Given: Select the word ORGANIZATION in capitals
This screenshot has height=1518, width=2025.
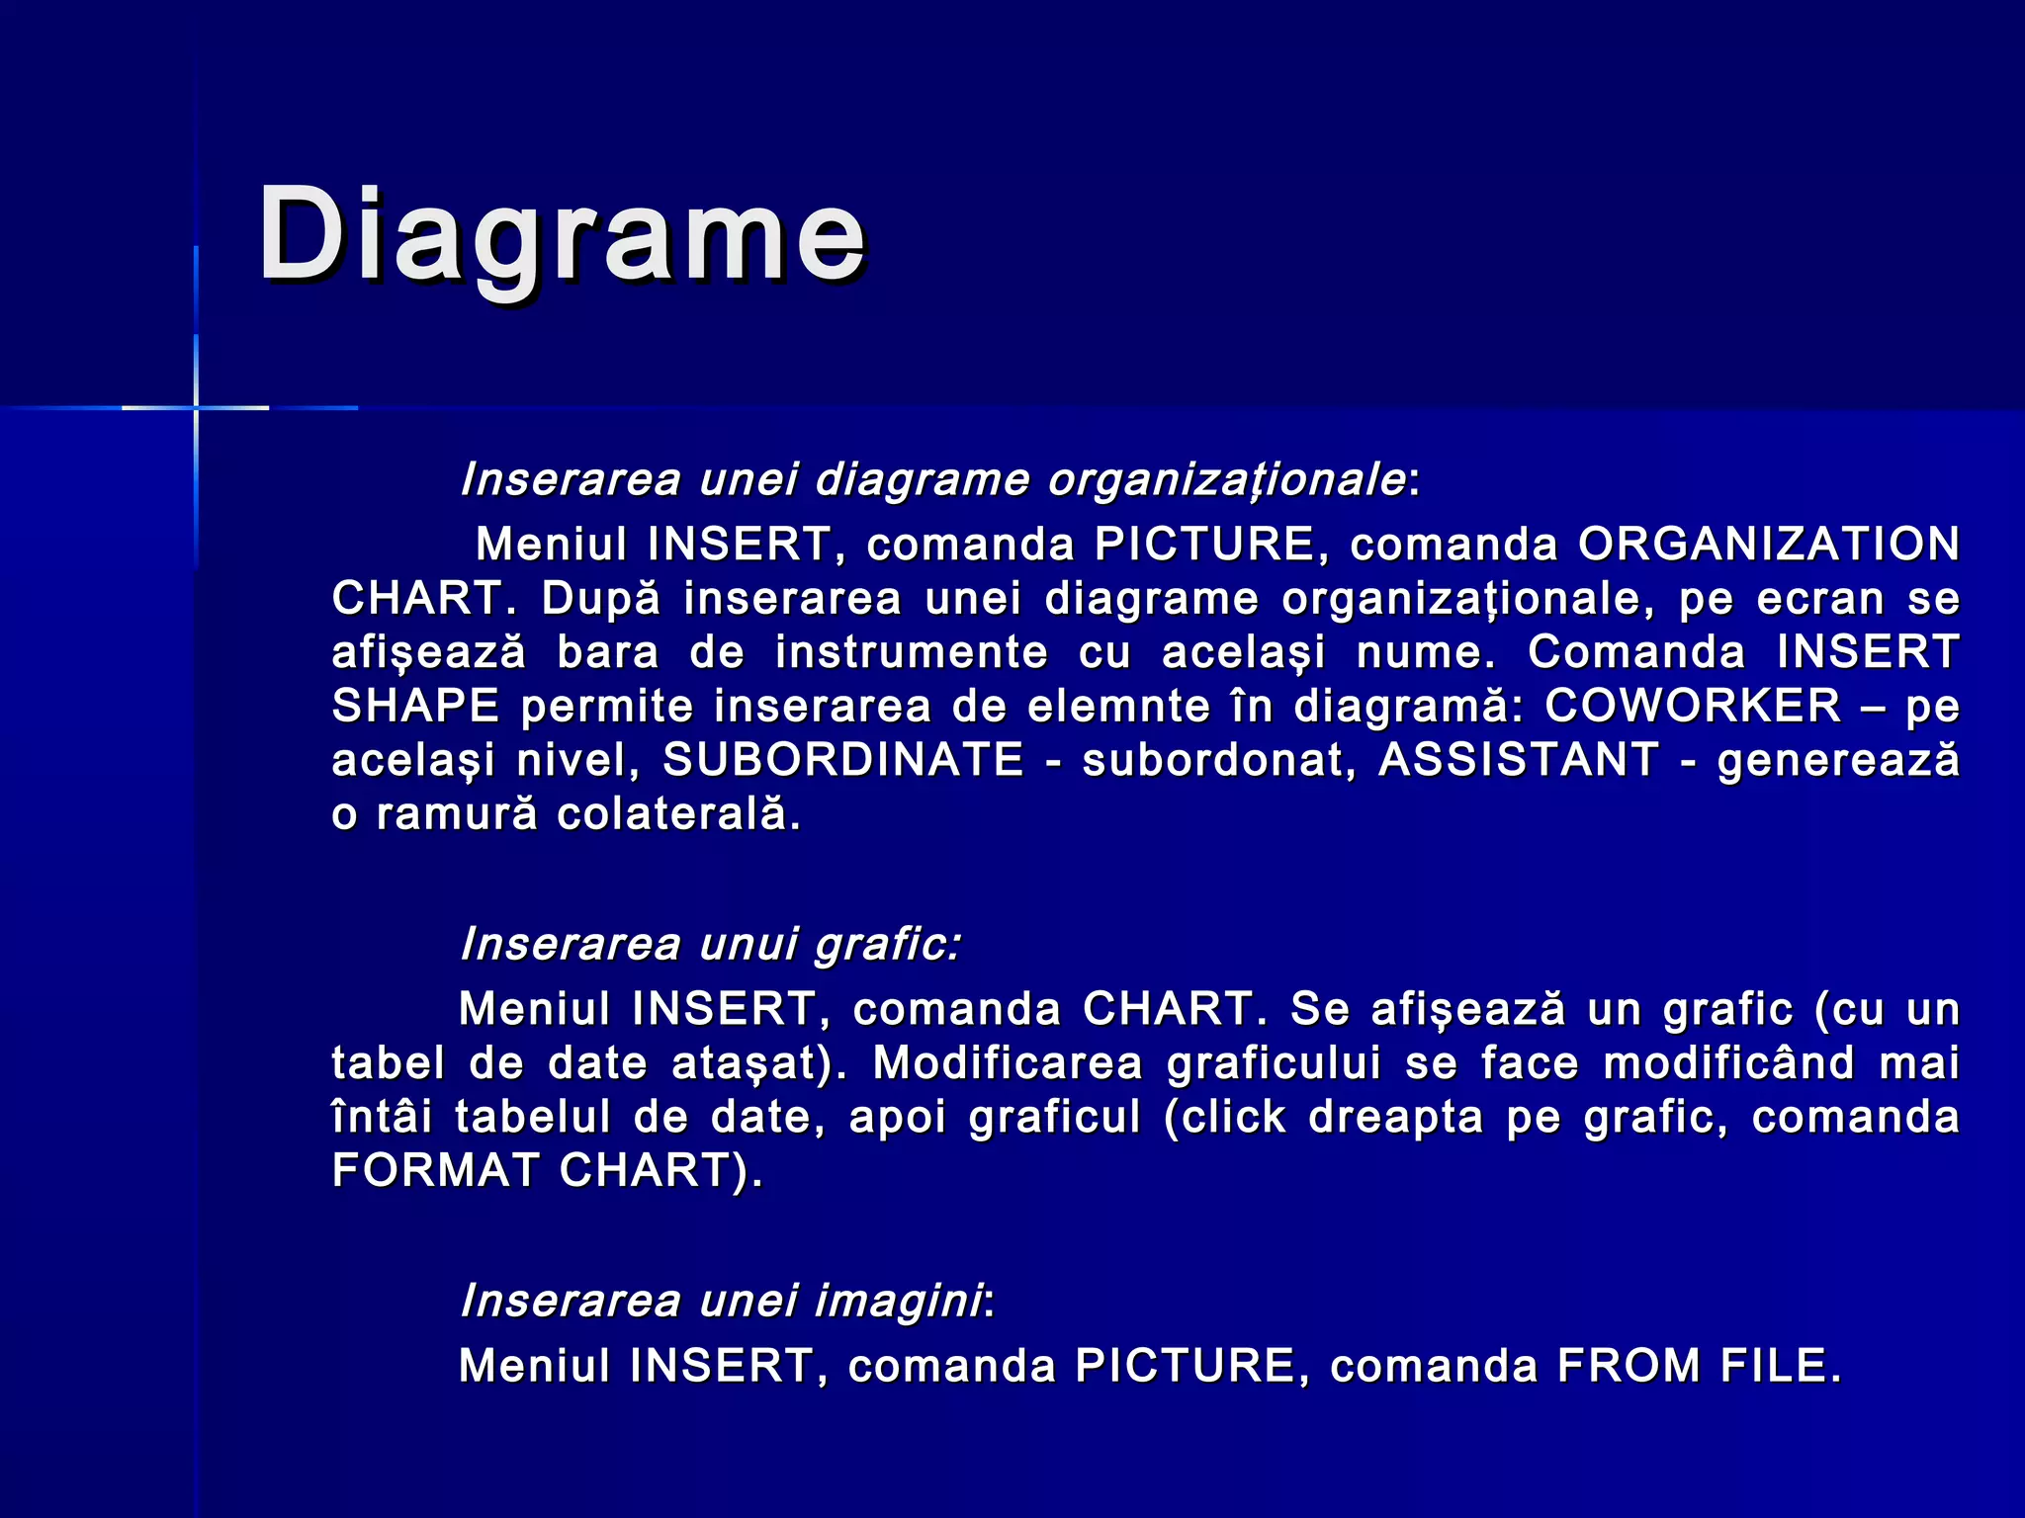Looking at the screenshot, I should pyautogui.click(x=1769, y=545).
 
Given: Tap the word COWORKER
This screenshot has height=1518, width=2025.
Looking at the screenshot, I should pyautogui.click(x=1693, y=706).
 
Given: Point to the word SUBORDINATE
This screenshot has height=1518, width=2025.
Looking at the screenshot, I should pyautogui.click(x=842, y=760).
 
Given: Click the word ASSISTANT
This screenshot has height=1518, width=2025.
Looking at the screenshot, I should pyautogui.click(x=1518, y=760).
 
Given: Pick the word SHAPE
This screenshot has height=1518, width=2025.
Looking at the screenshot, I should pyautogui.click(x=415, y=706).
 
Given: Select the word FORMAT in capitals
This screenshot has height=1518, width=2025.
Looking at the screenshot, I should pyautogui.click(x=435, y=1170).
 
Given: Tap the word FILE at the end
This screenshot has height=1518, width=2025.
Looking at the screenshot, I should pyautogui.click(x=1780, y=1366).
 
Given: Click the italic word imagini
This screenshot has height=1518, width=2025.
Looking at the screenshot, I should pyautogui.click(x=898, y=1301).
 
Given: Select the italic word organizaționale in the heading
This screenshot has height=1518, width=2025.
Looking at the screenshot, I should pyautogui.click(x=1226, y=480).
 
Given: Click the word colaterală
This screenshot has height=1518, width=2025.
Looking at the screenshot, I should pyautogui.click(x=678, y=814).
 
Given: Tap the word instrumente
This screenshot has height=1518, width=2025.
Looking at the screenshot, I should pyautogui.click(x=911, y=652).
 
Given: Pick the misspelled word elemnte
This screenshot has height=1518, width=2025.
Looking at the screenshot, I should pyautogui.click(x=1118, y=706).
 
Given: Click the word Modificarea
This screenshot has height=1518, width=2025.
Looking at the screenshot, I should pyautogui.click(x=1007, y=1063).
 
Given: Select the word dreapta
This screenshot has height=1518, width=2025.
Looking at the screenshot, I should pyautogui.click(x=1395, y=1117).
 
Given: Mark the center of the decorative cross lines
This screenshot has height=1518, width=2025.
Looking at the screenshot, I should pyautogui.click(x=196, y=407).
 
